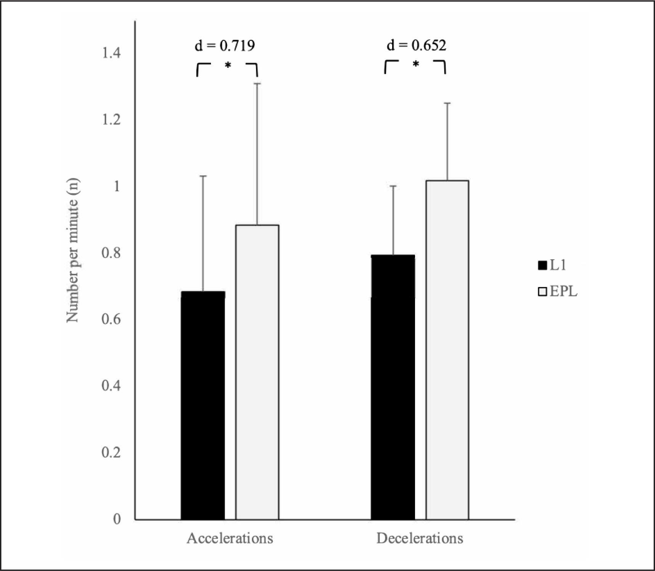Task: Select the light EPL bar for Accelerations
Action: coord(257,372)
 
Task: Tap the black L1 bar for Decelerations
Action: coord(393,387)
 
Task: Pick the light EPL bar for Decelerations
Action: coord(447,350)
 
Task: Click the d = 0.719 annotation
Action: coord(225,46)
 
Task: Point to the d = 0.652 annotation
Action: coord(416,45)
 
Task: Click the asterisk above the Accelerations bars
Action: coord(228,66)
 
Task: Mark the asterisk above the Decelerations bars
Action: coord(416,64)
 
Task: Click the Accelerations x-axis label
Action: coord(230,538)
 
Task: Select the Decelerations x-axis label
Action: coord(420,538)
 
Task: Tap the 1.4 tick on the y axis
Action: coord(111,53)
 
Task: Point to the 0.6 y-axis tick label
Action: coord(111,319)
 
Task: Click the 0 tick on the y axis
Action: coord(117,519)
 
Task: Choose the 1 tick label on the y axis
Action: coord(117,186)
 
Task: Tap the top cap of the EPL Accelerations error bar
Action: coord(257,83)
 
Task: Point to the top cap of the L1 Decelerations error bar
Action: coord(393,186)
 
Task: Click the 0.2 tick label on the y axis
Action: coord(111,452)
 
